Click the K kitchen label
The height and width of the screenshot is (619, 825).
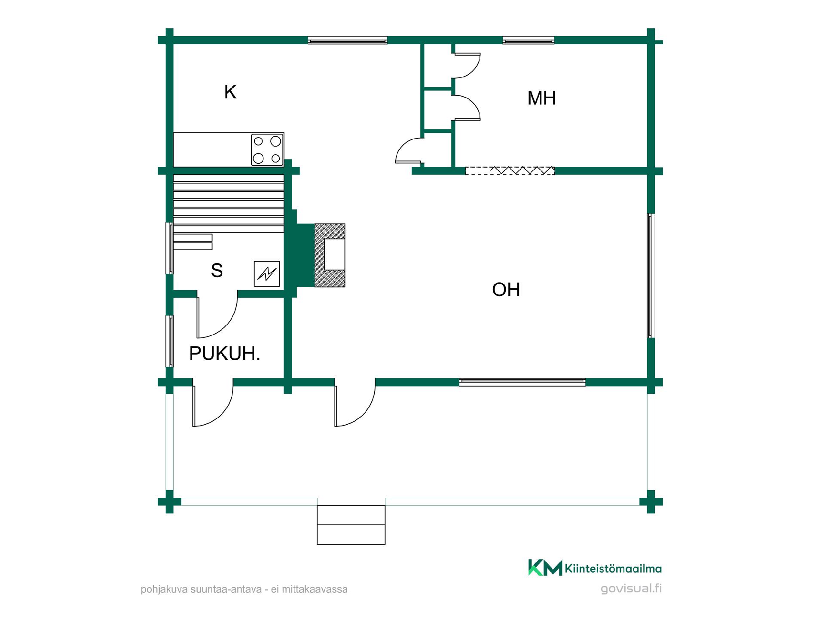230,92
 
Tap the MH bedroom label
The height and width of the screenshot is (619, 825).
541,98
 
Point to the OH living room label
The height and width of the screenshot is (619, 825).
506,290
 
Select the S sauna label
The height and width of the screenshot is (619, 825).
217,270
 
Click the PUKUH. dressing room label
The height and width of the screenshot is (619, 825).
225,353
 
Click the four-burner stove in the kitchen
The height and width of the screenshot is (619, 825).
267,150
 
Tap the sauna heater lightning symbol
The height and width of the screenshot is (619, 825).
267,274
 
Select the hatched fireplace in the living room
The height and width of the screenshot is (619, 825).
330,255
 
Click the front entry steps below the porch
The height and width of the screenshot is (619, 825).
351,525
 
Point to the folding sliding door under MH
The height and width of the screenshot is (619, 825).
510,171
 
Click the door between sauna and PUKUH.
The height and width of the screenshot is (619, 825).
217,314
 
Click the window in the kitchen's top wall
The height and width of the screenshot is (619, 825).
348,40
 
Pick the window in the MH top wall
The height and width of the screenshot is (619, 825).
529,40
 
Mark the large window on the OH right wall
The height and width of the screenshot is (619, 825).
651,276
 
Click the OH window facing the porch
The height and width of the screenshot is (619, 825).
522,382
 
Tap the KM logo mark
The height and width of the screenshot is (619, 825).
545,567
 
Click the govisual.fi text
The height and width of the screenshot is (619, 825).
631,588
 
